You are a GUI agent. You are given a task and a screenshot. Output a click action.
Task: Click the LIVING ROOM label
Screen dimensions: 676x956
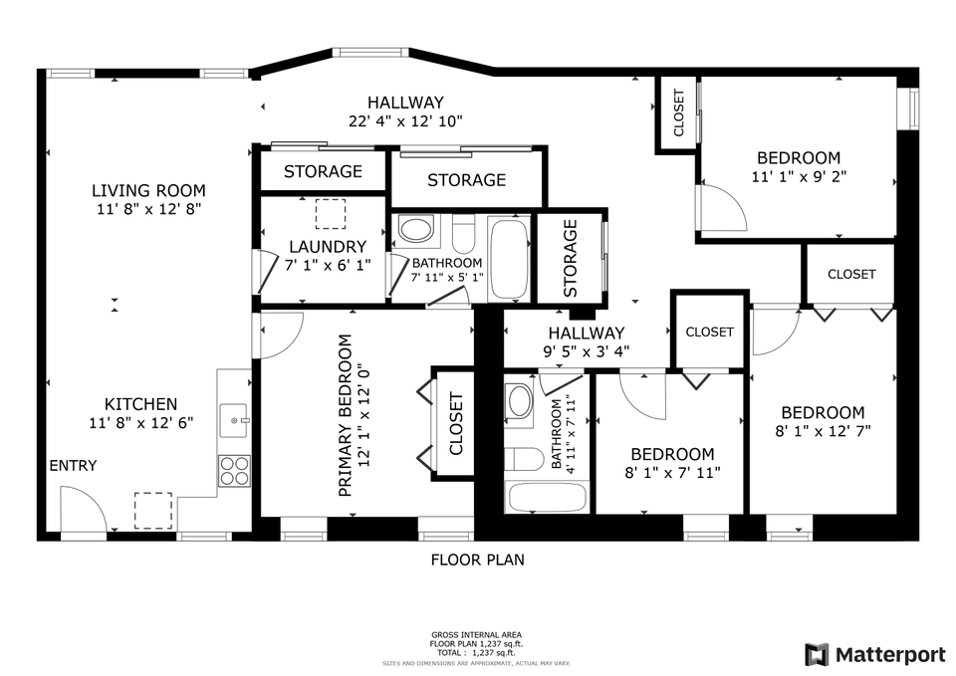[x=148, y=190]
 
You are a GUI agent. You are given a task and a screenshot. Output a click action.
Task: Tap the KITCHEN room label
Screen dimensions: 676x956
[x=140, y=404]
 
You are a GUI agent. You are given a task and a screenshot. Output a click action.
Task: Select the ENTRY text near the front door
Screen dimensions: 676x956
[x=73, y=466]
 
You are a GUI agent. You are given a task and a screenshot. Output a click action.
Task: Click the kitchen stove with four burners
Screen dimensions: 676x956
[x=234, y=470]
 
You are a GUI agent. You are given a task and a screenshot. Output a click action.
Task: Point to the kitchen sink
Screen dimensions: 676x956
[x=235, y=420]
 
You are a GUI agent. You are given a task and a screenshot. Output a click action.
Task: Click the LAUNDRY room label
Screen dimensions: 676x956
[x=328, y=247]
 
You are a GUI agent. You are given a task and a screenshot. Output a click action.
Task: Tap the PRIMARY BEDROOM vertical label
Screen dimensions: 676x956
[x=346, y=415]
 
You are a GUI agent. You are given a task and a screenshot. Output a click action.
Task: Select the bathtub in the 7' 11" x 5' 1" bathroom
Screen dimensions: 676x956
[x=509, y=258]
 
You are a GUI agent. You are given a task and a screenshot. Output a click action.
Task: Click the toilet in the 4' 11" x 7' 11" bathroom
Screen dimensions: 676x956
[x=524, y=459]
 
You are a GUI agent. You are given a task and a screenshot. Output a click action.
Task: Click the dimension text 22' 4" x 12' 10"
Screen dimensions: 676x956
[x=405, y=121]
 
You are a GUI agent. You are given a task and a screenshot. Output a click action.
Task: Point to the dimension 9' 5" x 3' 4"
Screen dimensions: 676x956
[x=585, y=350]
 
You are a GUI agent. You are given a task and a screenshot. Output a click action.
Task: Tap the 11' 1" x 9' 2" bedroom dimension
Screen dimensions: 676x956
[x=798, y=176]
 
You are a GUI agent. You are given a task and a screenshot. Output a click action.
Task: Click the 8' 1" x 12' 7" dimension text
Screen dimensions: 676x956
[x=822, y=431]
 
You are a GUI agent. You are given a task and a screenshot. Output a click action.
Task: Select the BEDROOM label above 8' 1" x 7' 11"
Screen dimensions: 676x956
[x=672, y=454]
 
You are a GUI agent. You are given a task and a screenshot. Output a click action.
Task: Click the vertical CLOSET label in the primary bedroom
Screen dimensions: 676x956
[x=456, y=423]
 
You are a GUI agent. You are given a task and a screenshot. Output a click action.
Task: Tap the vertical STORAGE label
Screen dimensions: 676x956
[x=571, y=258]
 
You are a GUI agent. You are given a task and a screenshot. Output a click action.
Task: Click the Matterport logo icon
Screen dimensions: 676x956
[x=817, y=654]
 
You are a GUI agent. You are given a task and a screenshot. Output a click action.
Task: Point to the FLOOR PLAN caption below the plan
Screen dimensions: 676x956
[x=477, y=560]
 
